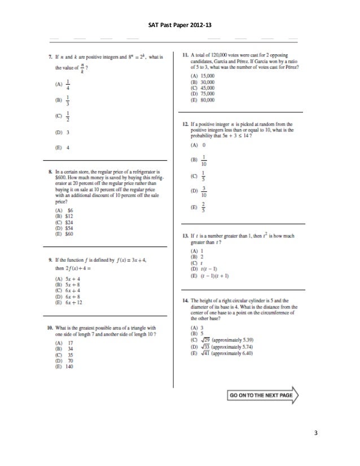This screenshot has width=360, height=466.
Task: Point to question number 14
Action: pos(185,301)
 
